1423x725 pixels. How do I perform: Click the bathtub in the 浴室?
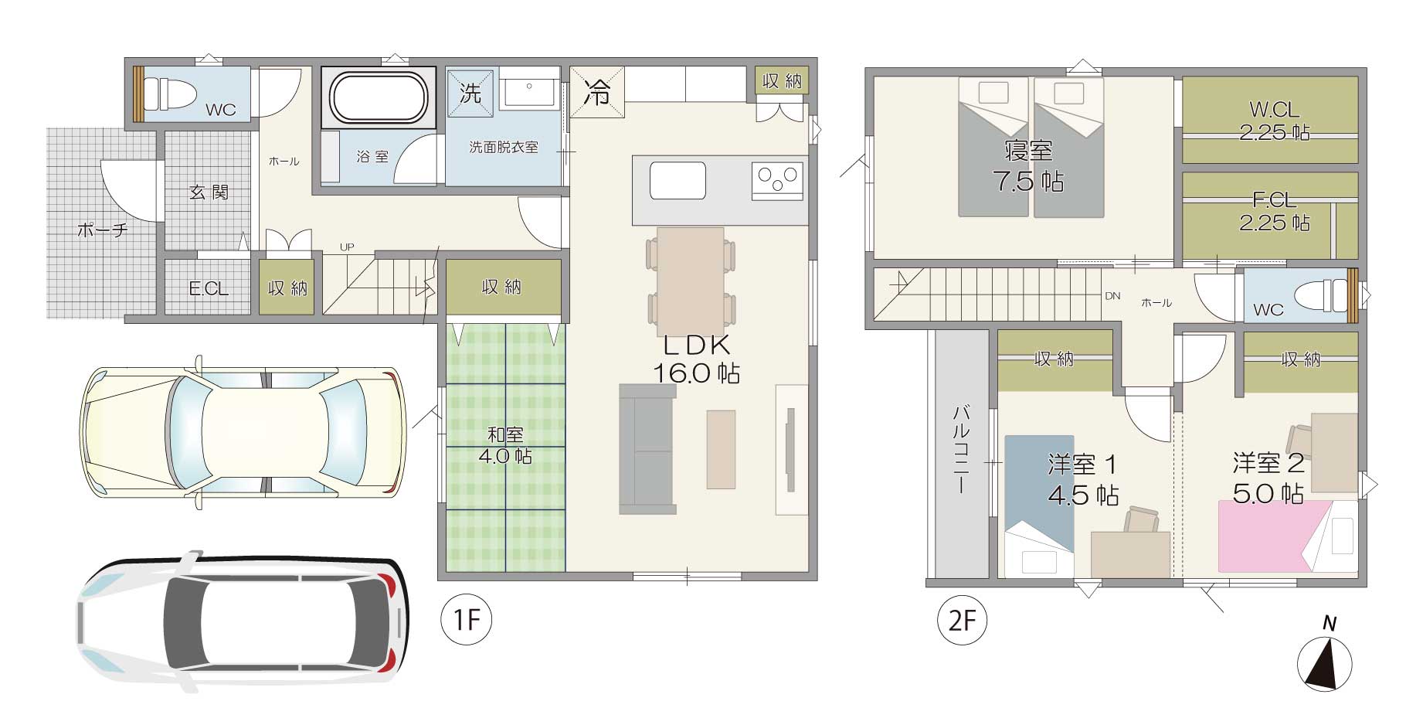click(x=379, y=97)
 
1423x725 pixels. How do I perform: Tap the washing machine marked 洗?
click(x=471, y=93)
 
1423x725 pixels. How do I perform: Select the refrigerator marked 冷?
click(x=596, y=92)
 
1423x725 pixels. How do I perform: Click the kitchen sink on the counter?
click(x=678, y=180)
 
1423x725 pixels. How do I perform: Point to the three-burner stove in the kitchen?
click(x=777, y=182)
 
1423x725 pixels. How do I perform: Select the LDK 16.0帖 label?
click(x=696, y=359)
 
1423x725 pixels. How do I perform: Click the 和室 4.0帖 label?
click(x=504, y=445)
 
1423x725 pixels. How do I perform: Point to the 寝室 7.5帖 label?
click(x=1028, y=165)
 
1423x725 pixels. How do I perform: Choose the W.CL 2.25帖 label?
click(x=1274, y=121)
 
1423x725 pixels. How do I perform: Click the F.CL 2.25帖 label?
click(x=1274, y=212)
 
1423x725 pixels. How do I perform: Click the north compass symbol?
click(x=1324, y=657)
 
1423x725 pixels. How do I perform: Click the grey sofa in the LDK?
click(x=647, y=449)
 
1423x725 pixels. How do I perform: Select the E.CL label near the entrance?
click(x=209, y=289)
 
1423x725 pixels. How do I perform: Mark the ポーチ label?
click(x=103, y=230)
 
